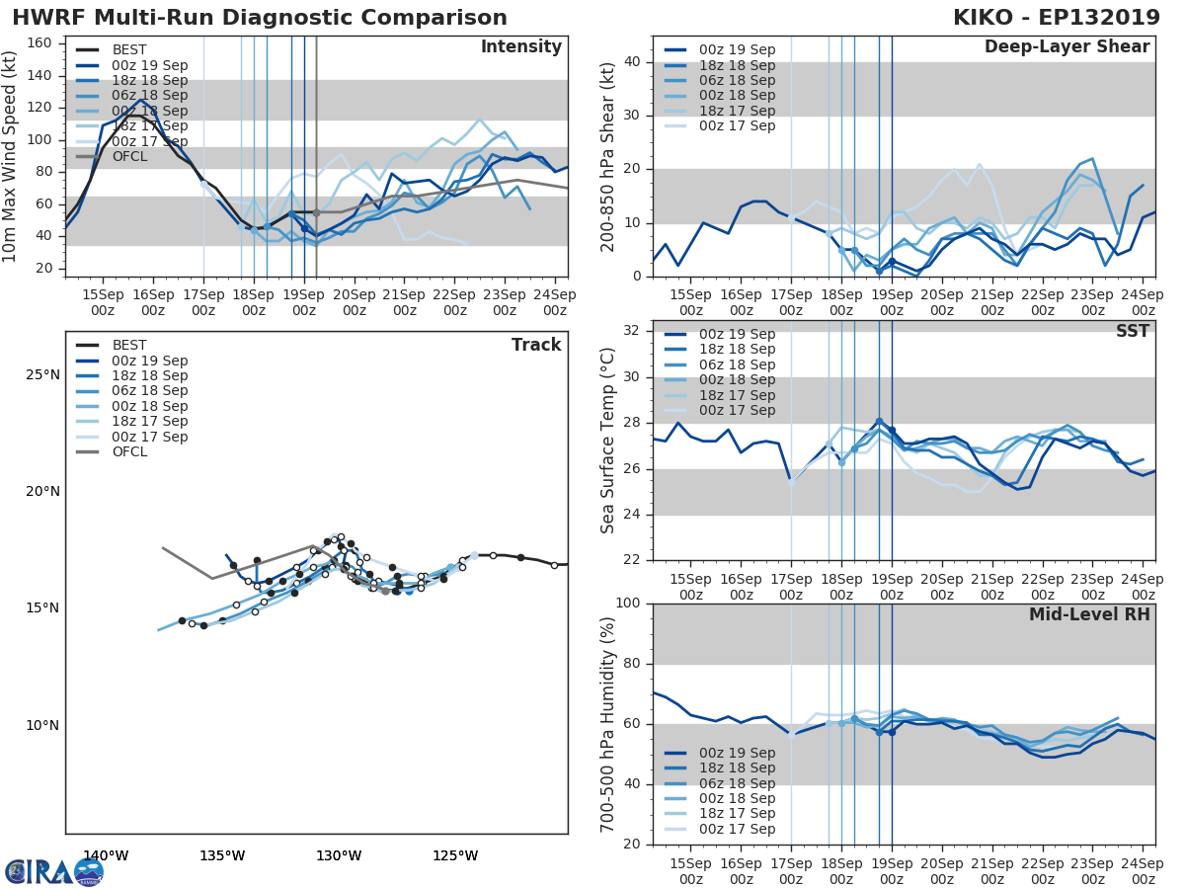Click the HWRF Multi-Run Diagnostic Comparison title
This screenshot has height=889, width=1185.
tap(260, 18)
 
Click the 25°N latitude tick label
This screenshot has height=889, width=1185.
tap(41, 374)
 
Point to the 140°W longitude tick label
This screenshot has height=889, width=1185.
tap(105, 855)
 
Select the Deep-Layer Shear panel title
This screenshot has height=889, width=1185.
tap(1066, 47)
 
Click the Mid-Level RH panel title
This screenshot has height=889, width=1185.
tap(1089, 614)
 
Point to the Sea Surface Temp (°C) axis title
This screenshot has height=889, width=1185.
tap(608, 440)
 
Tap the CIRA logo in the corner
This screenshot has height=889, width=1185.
tap(53, 871)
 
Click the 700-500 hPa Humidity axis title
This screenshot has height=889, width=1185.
tap(608, 723)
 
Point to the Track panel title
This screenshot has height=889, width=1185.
tap(536, 345)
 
